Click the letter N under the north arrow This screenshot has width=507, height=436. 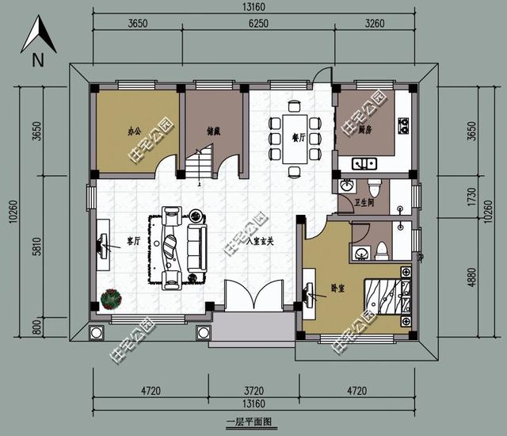point(37,60)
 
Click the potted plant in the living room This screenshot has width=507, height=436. point(110,298)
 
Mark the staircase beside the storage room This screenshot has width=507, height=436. point(200,165)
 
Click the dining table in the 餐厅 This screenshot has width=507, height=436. point(295,137)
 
